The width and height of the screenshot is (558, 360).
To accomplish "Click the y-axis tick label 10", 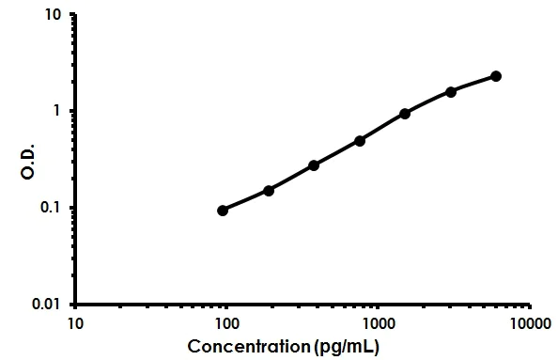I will [x=54, y=16].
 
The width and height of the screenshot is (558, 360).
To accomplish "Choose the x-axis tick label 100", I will [x=226, y=324].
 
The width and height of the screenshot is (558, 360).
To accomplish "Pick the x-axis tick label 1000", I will [x=379, y=324].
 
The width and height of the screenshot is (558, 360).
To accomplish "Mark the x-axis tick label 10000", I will [x=530, y=324].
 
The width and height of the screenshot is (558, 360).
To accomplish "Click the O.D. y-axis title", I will [x=27, y=159].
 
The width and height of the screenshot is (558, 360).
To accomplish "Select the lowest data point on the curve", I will [x=223, y=211].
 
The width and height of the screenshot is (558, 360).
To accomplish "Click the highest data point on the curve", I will [x=496, y=76].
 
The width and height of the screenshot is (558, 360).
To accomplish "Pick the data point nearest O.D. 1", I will [x=405, y=114].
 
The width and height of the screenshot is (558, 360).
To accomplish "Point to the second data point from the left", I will [x=269, y=191].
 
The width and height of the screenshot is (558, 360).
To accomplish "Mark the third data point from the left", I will [x=314, y=165].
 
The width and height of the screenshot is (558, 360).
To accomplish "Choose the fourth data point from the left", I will [x=360, y=141].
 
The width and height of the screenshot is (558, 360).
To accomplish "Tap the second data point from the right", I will [x=451, y=91].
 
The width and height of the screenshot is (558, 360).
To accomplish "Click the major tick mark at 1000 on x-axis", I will [x=379, y=307].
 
